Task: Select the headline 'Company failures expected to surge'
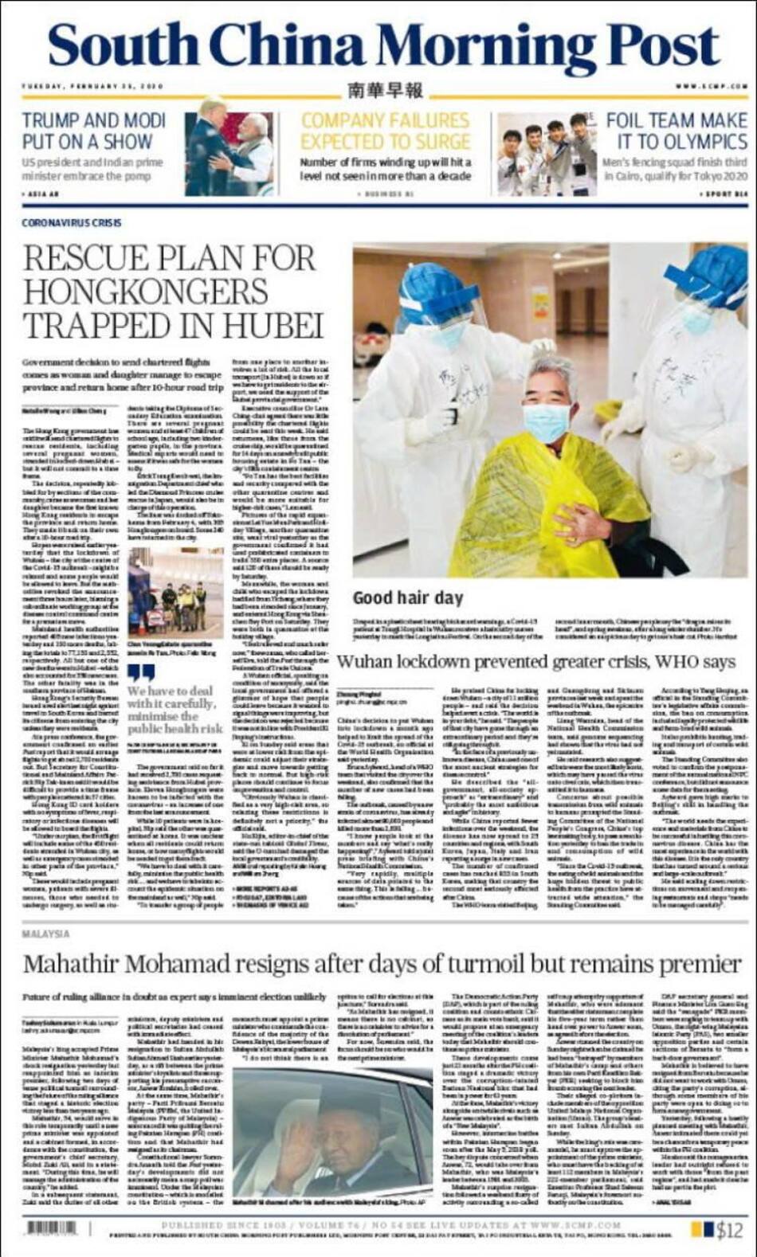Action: click(385, 131)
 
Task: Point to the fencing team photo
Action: click(546, 153)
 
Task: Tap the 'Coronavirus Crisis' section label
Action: click(72, 223)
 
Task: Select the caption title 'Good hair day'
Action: click(407, 597)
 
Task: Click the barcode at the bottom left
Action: click(53, 1228)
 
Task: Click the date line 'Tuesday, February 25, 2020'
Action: click(92, 86)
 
